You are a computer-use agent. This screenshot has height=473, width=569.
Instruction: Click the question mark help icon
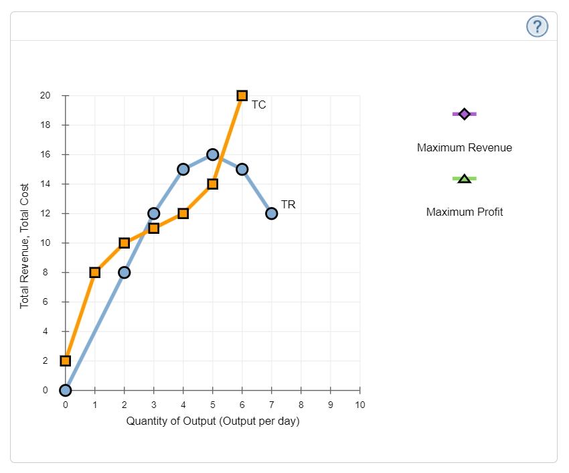click(x=537, y=26)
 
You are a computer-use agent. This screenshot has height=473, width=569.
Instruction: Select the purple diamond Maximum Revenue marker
click(x=465, y=114)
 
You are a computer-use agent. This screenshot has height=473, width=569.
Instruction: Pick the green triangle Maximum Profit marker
click(x=465, y=178)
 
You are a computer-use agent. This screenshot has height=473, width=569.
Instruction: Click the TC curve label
click(x=259, y=105)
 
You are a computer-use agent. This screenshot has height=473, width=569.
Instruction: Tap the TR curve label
click(x=289, y=204)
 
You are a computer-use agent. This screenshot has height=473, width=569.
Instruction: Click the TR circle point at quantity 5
click(x=213, y=155)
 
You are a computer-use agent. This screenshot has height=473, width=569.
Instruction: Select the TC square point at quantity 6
click(x=242, y=96)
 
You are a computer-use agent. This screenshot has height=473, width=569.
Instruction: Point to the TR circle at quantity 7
click(x=272, y=214)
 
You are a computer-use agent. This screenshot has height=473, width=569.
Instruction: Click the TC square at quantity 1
click(x=95, y=273)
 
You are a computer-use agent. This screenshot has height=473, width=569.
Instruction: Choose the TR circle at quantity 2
click(x=125, y=273)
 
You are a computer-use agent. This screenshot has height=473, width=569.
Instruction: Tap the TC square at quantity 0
click(x=66, y=361)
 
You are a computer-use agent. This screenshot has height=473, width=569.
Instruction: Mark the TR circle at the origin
click(x=66, y=391)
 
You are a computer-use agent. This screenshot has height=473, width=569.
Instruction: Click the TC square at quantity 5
click(x=213, y=184)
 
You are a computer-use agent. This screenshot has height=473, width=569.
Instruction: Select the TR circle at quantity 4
click(x=183, y=170)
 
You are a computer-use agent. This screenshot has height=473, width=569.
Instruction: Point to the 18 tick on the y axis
click(x=46, y=125)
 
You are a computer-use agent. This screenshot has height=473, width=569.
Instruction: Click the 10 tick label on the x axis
click(x=360, y=405)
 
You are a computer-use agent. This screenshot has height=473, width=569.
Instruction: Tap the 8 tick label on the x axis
click(x=301, y=405)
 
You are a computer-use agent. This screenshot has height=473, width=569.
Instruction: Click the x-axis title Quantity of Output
click(x=213, y=421)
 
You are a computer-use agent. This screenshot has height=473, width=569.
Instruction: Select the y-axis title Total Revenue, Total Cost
click(x=25, y=245)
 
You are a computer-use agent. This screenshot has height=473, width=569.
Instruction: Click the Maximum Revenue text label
click(x=465, y=147)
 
